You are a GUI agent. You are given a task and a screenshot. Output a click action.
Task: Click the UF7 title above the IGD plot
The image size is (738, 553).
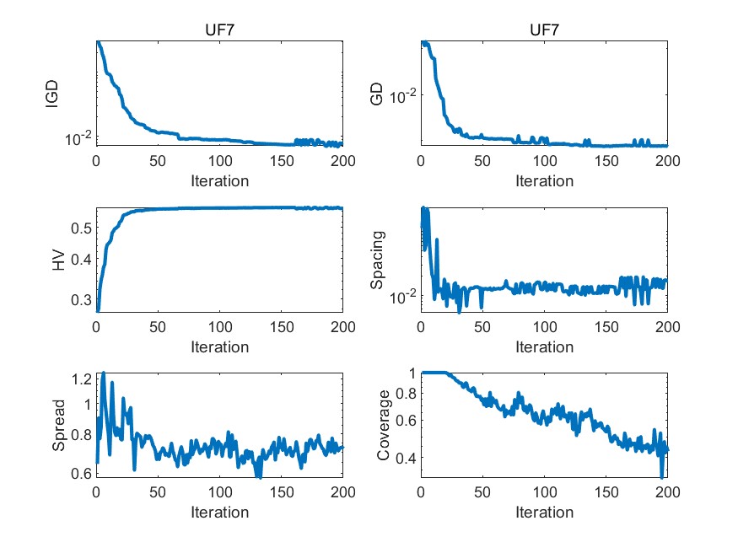coord(219,30)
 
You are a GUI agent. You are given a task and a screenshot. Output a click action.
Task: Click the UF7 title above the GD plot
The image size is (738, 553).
coord(543,30)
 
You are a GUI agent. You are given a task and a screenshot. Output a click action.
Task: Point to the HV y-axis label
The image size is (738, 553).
coord(58,260)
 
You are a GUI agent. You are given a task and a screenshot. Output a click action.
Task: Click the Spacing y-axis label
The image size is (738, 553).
coord(377,260)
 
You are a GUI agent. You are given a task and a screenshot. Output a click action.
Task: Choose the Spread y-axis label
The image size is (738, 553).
coord(58,426)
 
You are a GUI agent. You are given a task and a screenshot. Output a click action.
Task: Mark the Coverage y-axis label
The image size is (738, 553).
coord(384,426)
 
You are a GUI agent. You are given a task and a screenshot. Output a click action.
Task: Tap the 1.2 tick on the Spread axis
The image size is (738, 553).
coord(80,379)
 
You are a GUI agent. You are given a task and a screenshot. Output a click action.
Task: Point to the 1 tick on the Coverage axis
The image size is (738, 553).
coord(412,373)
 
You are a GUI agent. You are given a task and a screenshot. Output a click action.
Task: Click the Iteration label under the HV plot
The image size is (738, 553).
coord(219,346)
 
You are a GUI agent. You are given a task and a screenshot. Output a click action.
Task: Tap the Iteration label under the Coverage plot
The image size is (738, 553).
coord(544,512)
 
